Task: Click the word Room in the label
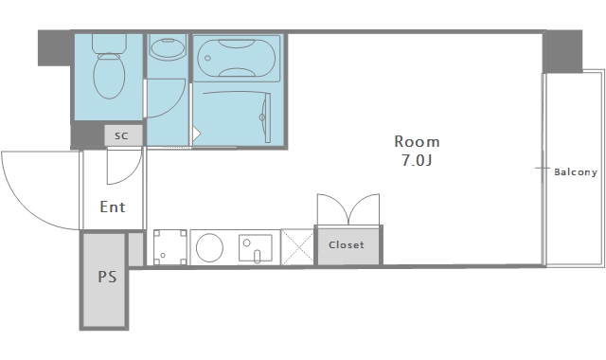(417, 141)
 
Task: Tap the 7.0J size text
(417, 160)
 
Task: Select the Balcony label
(576, 172)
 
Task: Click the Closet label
(347, 244)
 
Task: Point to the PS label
(107, 277)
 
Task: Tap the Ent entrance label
(113, 207)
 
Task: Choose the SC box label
(121, 135)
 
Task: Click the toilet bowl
(109, 76)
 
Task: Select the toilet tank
(109, 44)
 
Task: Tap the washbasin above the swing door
(169, 48)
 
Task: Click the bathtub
(237, 59)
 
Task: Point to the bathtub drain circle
(207, 59)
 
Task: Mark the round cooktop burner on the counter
(209, 247)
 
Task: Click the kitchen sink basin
(255, 248)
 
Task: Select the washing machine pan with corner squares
(170, 247)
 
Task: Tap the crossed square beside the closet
(297, 247)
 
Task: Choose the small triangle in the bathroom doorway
(196, 134)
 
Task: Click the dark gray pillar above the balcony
(562, 52)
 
